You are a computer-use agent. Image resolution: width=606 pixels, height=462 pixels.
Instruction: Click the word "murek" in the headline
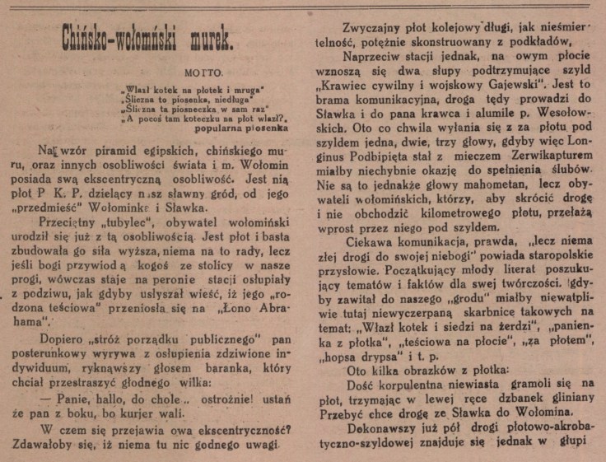(207, 38)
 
